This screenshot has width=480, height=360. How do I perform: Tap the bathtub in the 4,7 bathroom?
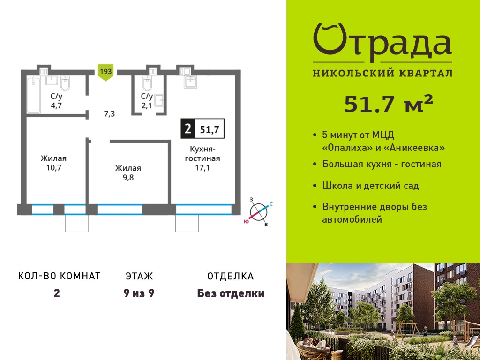(x=33, y=95)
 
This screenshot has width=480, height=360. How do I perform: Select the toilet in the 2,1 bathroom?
(x=147, y=83)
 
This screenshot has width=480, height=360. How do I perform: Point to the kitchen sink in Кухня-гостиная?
(x=190, y=82)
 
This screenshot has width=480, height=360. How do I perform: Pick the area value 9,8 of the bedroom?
(x=128, y=177)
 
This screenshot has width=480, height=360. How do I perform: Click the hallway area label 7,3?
(x=109, y=114)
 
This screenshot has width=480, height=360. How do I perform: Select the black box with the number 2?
(x=188, y=129)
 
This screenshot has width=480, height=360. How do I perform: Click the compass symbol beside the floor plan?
(x=258, y=212)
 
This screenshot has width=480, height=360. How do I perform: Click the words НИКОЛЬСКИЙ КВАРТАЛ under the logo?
(x=382, y=73)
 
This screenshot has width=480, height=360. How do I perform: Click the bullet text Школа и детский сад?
(x=370, y=186)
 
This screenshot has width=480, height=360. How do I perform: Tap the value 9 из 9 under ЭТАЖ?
(x=139, y=293)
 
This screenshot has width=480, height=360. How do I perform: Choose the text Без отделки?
(x=231, y=293)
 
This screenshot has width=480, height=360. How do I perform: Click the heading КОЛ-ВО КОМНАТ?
(x=60, y=276)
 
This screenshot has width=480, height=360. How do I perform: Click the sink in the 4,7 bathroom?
(x=52, y=80)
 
